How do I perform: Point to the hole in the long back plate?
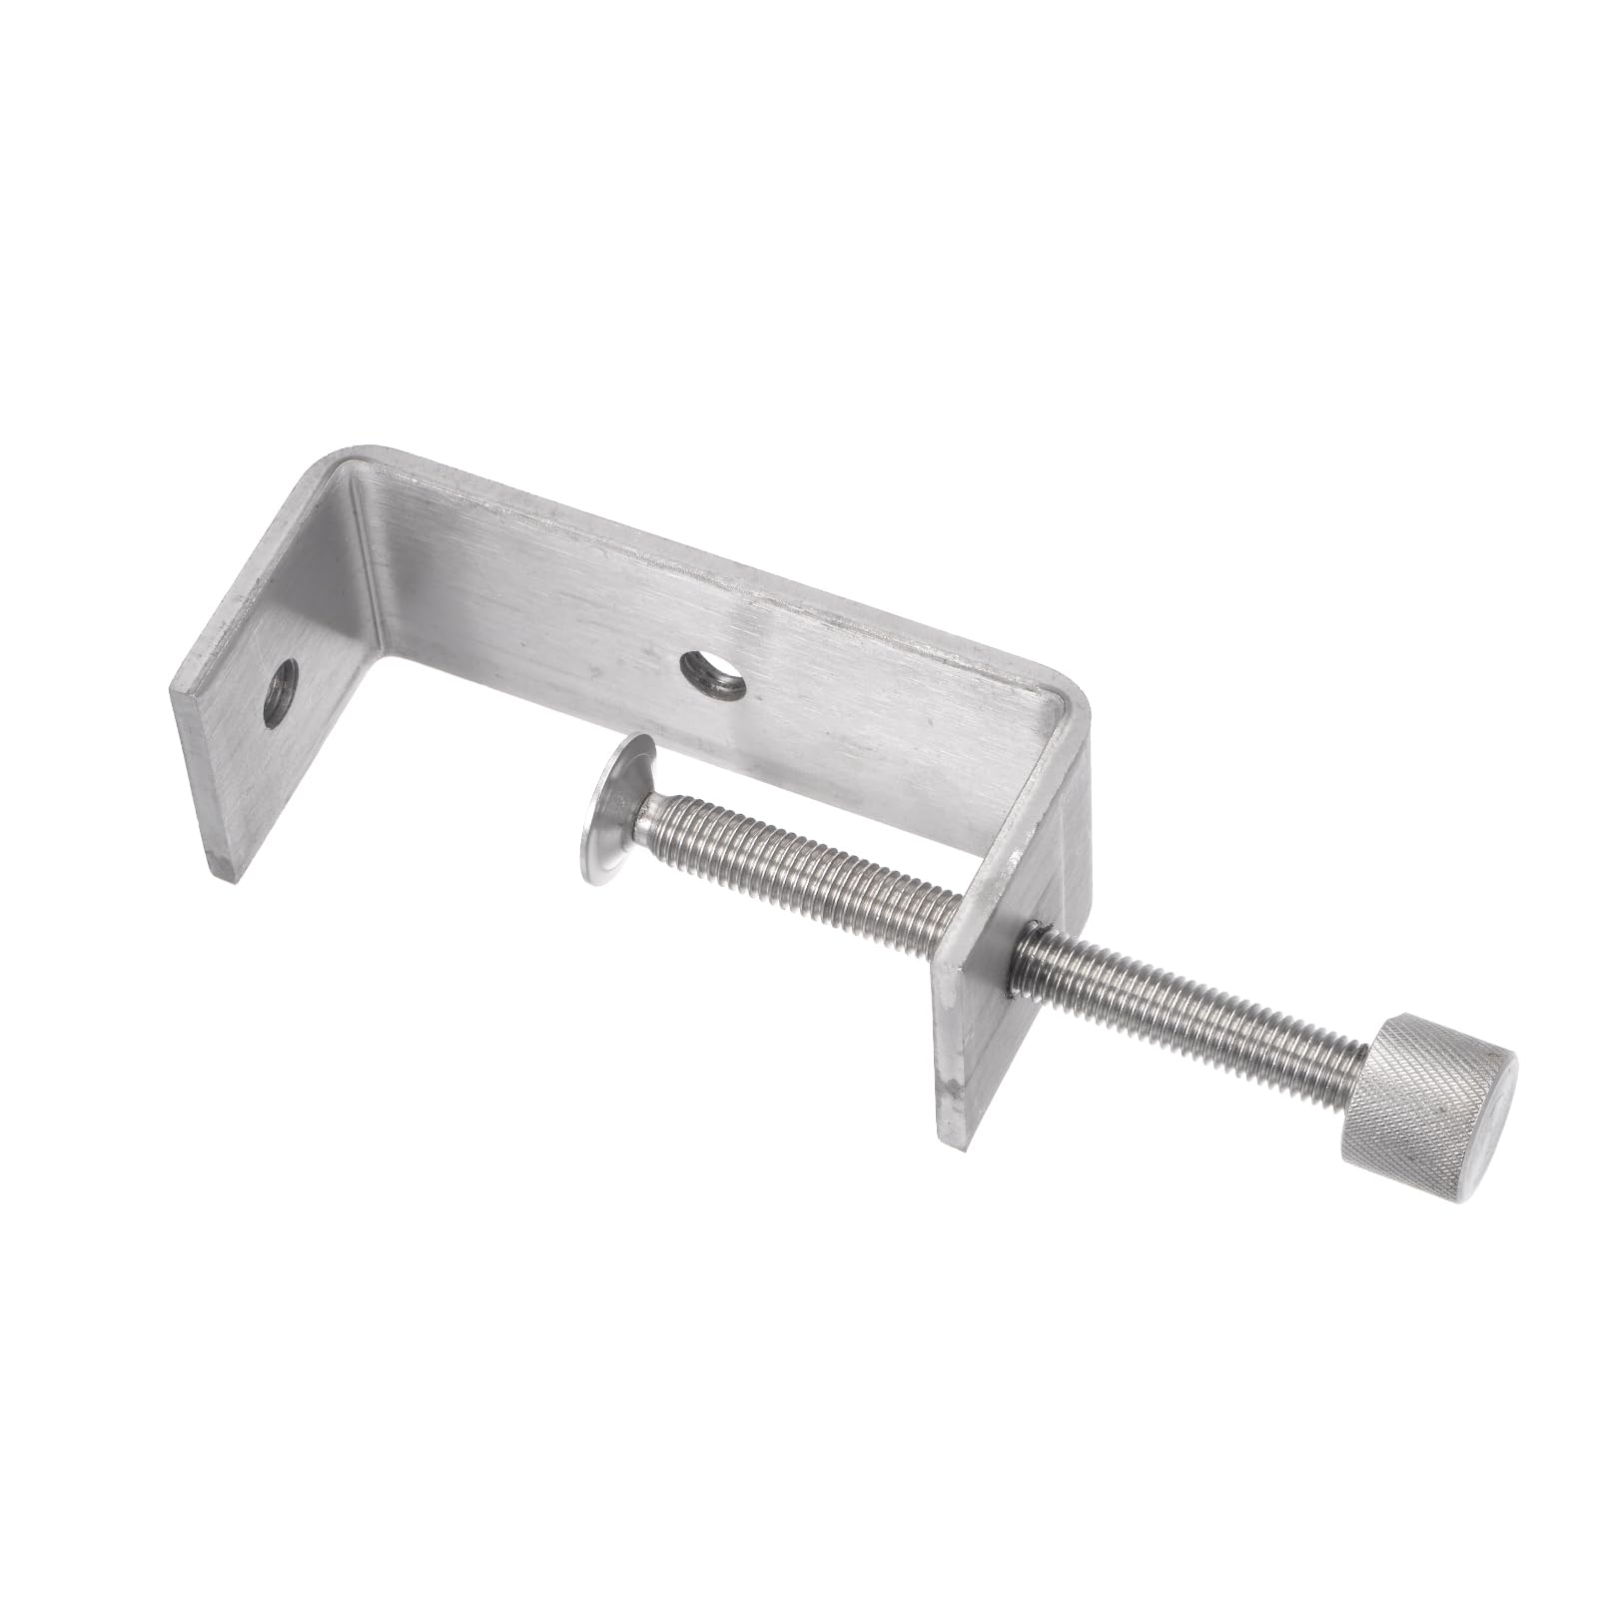click(x=712, y=674)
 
